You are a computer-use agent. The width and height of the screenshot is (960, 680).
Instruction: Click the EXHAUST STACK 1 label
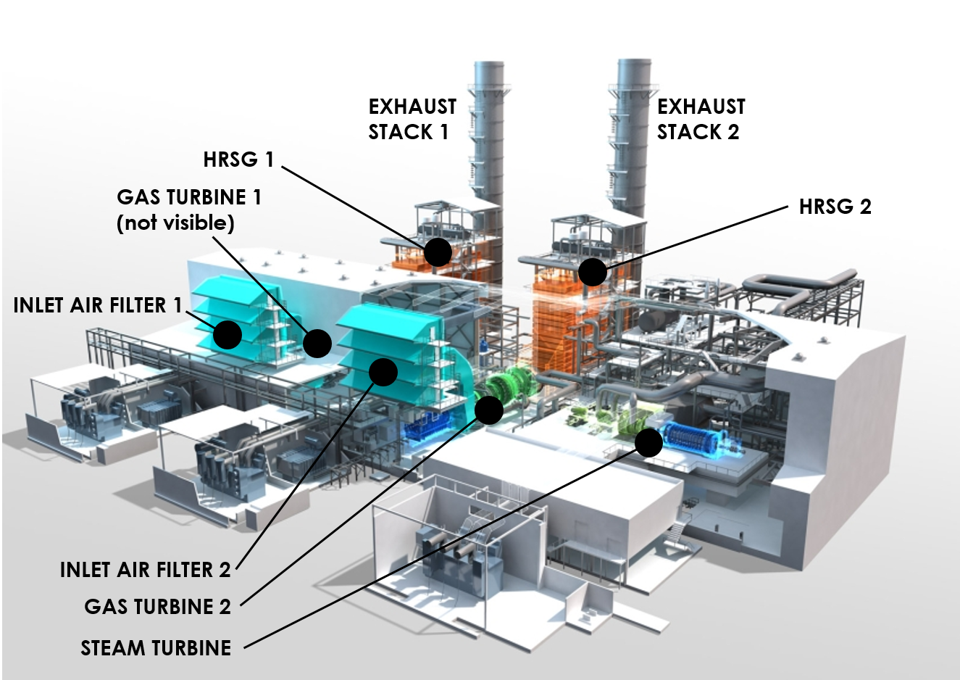412,120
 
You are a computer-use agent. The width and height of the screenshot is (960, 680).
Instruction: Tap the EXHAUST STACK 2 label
700,120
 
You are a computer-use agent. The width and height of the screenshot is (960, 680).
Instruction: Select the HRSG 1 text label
238,159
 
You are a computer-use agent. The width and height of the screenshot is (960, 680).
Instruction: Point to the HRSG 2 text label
835,207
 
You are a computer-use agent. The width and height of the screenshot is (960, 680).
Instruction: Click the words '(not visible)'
175,223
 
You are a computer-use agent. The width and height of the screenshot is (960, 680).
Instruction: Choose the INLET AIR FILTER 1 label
98,305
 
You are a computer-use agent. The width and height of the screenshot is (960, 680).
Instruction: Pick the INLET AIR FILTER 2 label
145,570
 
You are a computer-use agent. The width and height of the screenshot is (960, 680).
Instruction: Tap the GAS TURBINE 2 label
157,606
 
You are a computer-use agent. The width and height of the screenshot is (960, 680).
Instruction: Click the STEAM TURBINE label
156,647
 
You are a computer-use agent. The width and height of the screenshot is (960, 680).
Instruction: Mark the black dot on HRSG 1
438,252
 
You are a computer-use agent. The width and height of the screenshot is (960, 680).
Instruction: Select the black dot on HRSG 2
593,272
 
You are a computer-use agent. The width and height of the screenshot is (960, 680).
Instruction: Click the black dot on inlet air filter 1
228,335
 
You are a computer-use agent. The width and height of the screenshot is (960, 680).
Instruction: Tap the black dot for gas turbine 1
317,343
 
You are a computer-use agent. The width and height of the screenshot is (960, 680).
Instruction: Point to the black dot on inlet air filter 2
383,372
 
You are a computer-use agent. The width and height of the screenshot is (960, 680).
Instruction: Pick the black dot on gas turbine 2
489,410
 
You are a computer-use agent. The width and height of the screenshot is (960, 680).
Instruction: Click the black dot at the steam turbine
648,442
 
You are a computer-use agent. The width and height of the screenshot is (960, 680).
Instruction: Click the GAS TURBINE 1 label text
188,197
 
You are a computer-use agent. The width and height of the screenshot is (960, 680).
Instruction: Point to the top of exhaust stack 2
633,64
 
